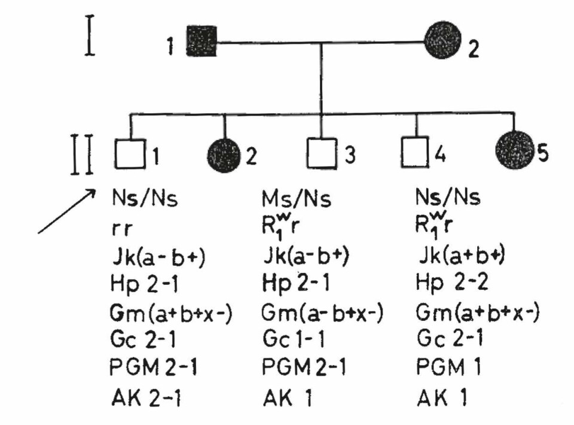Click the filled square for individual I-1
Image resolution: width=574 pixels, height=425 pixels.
click(201, 41)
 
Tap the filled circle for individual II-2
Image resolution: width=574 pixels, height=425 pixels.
click(224, 154)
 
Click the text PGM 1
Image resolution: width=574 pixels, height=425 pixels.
click(445, 367)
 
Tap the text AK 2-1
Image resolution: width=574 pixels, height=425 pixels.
click(142, 396)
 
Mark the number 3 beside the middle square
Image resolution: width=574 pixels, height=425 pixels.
click(350, 155)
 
